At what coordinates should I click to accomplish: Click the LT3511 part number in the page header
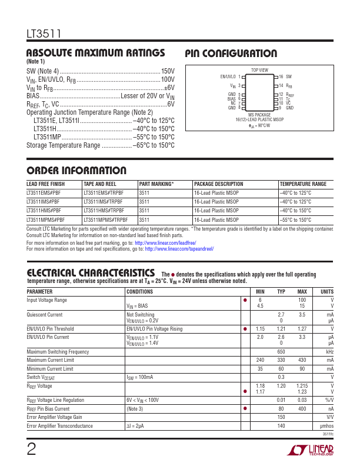41,34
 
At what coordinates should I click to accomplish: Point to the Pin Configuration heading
231,54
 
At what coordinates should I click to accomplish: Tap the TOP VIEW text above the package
259,70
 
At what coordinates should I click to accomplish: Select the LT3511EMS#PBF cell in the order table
44,192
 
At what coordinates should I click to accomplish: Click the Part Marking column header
156,184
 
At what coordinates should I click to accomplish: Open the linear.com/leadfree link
165,242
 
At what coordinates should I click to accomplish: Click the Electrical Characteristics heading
91,272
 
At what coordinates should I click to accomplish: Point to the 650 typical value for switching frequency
281,351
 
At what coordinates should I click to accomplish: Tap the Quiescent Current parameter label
45,314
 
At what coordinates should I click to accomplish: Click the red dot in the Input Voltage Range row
244,300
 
